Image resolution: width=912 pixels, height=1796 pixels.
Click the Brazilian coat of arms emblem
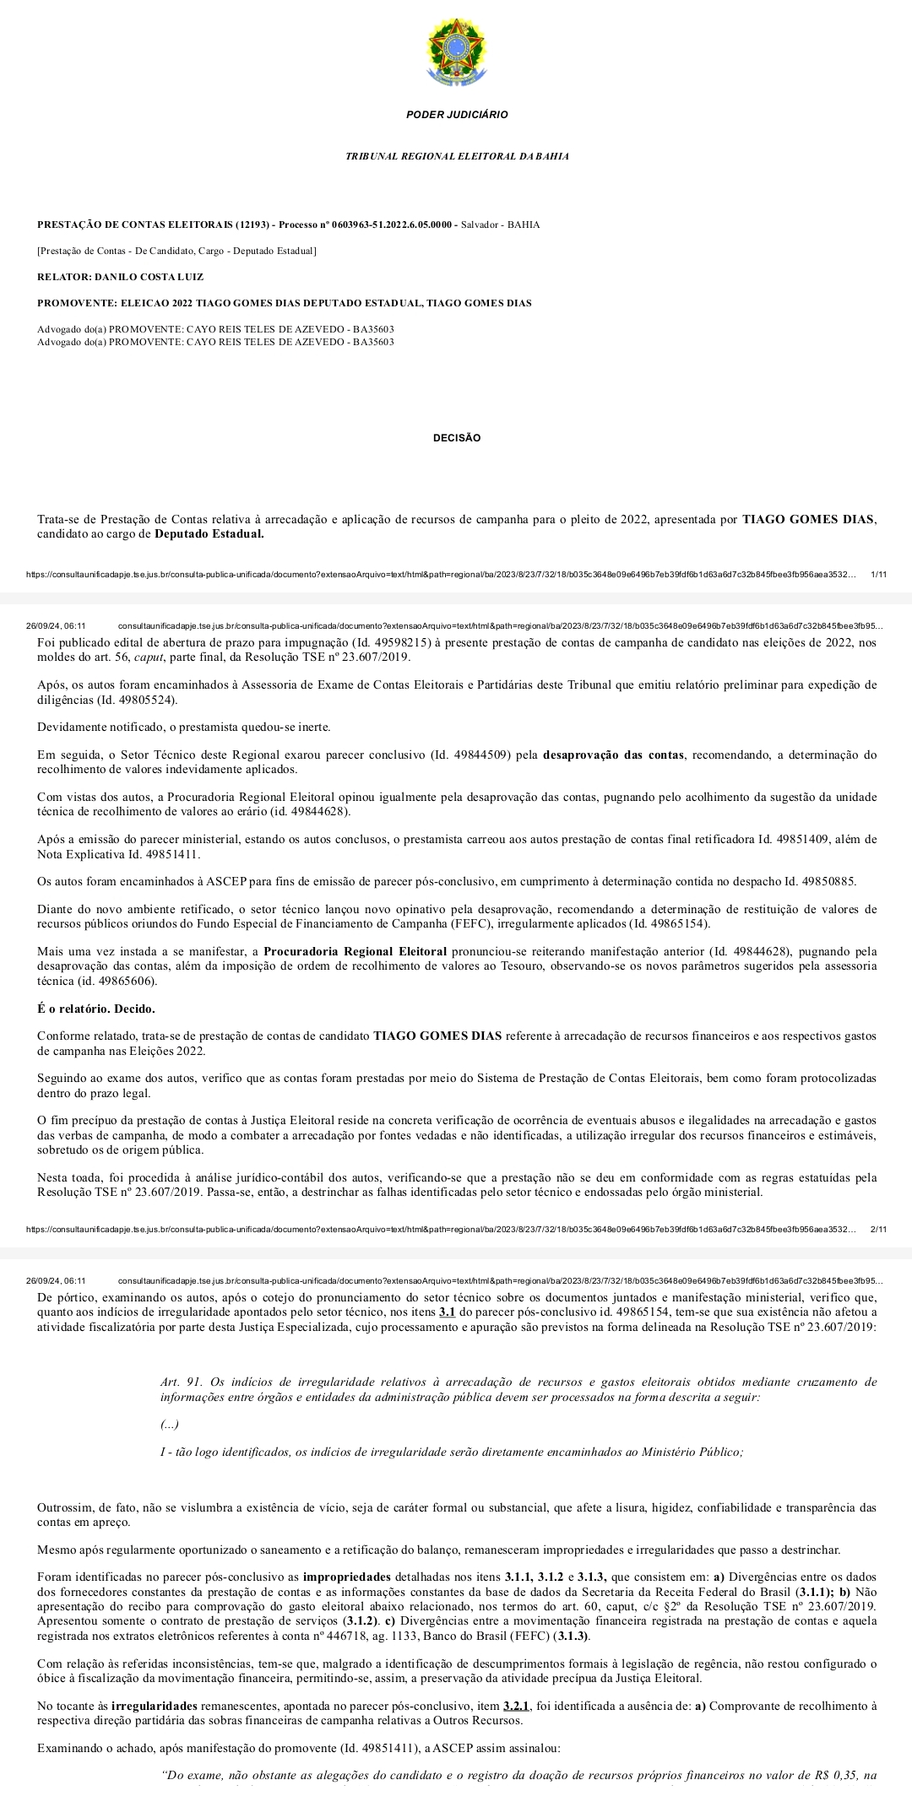pos(456,52)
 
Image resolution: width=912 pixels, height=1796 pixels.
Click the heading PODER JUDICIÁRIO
pos(457,115)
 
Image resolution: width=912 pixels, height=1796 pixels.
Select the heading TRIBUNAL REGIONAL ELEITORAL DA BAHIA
pos(457,156)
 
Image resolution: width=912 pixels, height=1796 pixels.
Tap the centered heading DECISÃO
pos(457,438)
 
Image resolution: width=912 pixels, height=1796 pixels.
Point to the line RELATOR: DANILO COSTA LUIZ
pos(121,277)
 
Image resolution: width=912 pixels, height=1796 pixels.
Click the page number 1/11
pos(878,574)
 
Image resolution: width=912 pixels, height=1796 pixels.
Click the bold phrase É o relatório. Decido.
pos(96,1009)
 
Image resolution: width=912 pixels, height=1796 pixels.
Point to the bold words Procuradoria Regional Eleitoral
pos(355,951)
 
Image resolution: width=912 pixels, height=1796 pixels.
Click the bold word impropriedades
pos(346,1577)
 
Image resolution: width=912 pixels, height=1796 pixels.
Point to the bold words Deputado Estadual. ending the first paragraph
pos(209,534)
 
